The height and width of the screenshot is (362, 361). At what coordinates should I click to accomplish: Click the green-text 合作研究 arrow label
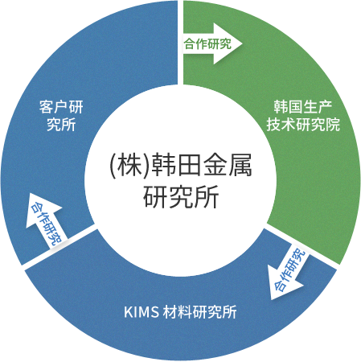click(207, 43)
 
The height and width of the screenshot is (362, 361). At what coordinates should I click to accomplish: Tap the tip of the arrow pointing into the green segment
click(242, 43)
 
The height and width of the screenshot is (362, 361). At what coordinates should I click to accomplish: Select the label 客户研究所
click(61, 116)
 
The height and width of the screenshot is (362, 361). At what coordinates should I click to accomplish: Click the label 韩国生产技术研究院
click(303, 116)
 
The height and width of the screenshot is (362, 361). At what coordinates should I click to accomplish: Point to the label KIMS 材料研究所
click(180, 311)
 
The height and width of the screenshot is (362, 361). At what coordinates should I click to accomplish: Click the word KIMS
click(142, 312)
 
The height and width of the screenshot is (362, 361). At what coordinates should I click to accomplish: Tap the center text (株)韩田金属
click(181, 165)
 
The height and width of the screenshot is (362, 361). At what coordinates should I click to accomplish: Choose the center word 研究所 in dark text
click(181, 196)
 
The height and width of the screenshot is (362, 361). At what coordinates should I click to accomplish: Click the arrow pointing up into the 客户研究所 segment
click(46, 219)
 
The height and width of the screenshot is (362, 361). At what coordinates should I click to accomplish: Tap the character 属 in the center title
click(240, 165)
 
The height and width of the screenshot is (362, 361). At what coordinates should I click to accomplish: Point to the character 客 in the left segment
click(46, 107)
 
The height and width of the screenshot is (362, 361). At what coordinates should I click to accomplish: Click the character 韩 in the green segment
click(281, 107)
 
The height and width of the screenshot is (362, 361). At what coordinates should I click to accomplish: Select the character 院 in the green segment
click(333, 125)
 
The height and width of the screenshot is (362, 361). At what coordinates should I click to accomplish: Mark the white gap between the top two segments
click(180, 43)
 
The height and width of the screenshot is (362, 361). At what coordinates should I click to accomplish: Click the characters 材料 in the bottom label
click(177, 312)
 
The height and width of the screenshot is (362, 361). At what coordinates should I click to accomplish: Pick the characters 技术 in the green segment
click(281, 125)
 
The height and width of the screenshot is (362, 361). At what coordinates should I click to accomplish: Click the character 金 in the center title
click(215, 165)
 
